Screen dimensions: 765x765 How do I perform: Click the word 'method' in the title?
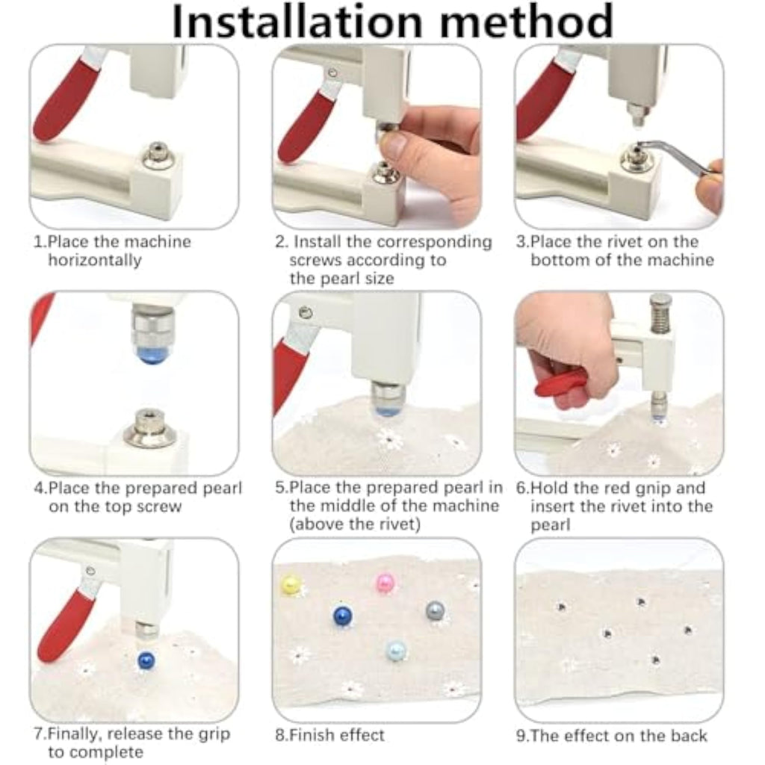[527, 21]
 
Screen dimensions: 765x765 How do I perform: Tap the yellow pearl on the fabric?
[291, 585]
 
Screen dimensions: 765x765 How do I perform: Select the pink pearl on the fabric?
[385, 582]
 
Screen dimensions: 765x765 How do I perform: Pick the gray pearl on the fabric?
[436, 610]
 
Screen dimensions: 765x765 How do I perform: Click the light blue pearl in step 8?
[396, 651]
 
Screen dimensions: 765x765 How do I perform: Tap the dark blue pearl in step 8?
[343, 616]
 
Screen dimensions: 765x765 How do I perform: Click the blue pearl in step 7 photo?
[146, 660]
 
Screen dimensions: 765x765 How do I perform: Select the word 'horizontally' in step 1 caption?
[95, 260]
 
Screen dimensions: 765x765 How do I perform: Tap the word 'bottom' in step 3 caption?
[560, 260]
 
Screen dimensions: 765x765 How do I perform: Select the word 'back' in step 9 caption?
[688, 736]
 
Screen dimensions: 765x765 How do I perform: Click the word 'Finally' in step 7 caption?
[75, 734]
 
